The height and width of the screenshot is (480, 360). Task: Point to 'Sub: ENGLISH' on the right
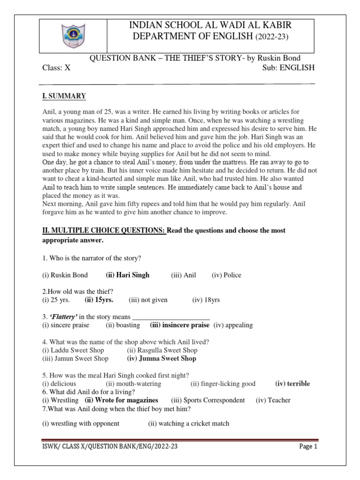(x=288, y=67)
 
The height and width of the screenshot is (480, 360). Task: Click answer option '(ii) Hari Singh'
(x=127, y=275)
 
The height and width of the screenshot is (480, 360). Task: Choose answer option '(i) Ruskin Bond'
(x=64, y=275)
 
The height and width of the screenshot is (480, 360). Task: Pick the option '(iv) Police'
(x=226, y=275)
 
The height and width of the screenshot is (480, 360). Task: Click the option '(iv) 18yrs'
(x=206, y=300)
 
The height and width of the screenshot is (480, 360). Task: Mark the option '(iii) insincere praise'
(x=180, y=324)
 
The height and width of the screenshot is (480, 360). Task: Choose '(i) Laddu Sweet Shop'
(x=73, y=350)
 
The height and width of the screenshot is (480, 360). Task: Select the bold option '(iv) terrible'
(x=292, y=383)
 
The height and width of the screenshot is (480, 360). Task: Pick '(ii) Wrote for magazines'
(x=121, y=400)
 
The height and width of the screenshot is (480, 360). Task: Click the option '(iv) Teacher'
(x=273, y=400)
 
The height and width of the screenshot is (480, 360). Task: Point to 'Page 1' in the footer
(x=308, y=447)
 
